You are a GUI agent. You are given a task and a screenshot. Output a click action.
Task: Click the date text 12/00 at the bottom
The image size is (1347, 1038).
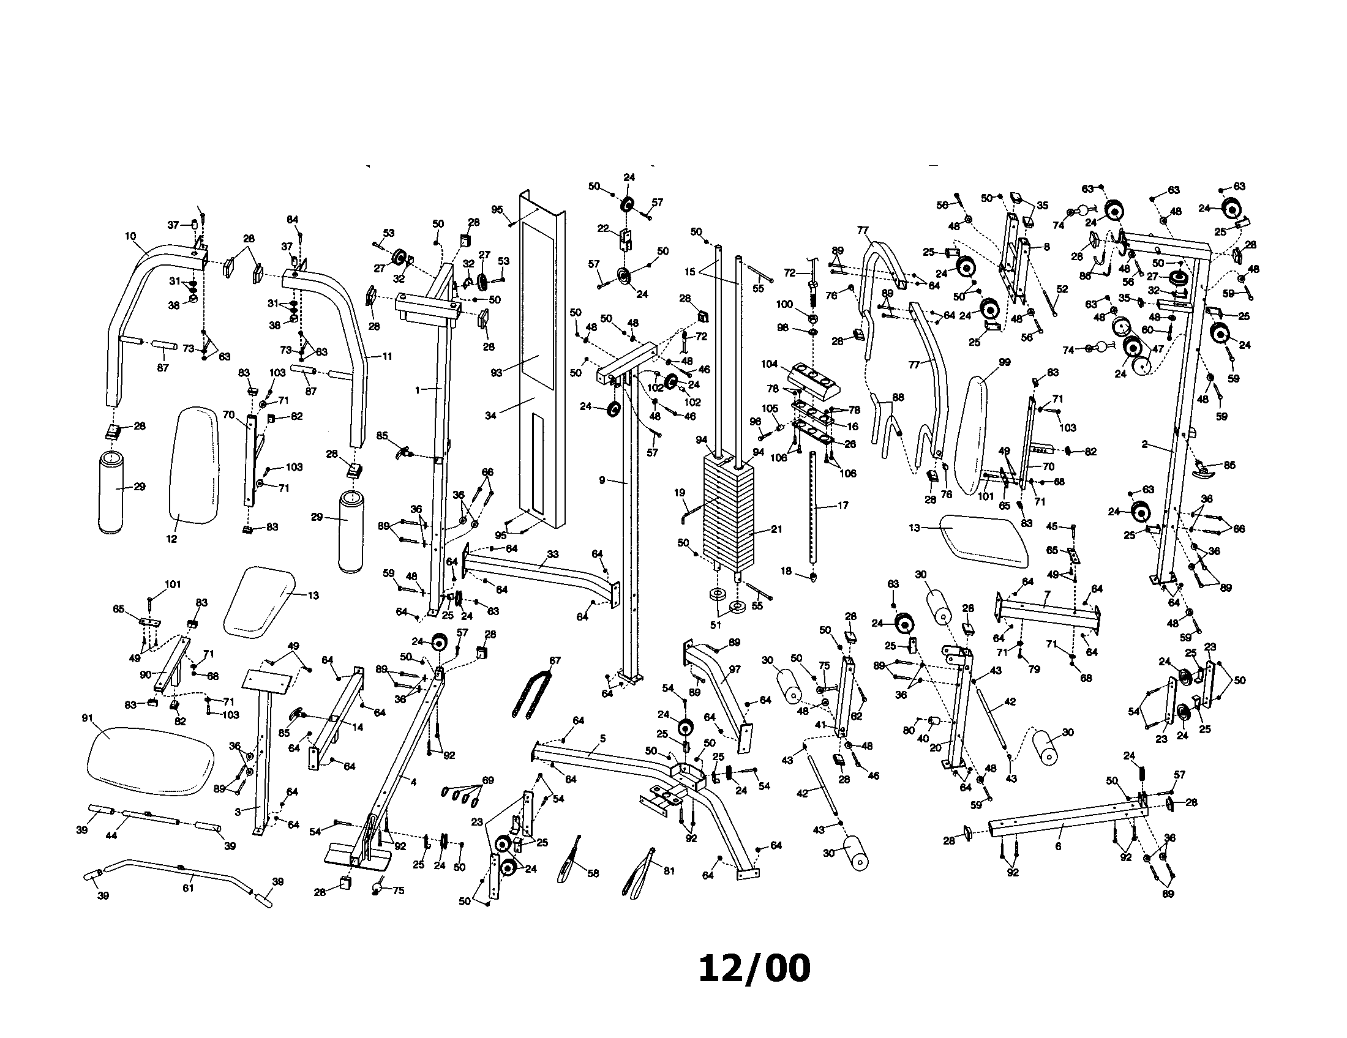point(754,968)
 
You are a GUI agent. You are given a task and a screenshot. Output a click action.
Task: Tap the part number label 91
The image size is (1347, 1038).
point(88,718)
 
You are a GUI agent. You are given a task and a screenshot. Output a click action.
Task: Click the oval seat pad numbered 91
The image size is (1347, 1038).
point(151,760)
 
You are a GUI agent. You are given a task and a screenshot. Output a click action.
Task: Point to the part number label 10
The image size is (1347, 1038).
point(130,236)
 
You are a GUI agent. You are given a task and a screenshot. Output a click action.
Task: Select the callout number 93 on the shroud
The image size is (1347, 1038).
point(497,372)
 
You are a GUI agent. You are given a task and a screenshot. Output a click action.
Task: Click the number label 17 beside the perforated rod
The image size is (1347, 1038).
point(843,506)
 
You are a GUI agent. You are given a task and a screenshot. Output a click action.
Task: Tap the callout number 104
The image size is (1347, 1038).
point(769,364)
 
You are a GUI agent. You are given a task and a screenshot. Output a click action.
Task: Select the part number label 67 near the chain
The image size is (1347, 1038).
point(555,661)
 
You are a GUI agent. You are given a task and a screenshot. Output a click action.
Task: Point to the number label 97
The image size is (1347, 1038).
point(734,670)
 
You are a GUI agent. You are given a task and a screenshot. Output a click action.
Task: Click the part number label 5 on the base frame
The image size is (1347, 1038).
point(602,739)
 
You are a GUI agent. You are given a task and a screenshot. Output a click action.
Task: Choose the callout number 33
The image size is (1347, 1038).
point(553,554)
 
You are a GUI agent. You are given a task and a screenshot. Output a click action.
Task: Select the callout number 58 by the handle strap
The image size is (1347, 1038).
point(593,873)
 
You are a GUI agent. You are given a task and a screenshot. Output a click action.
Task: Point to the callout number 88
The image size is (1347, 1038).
point(898,398)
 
